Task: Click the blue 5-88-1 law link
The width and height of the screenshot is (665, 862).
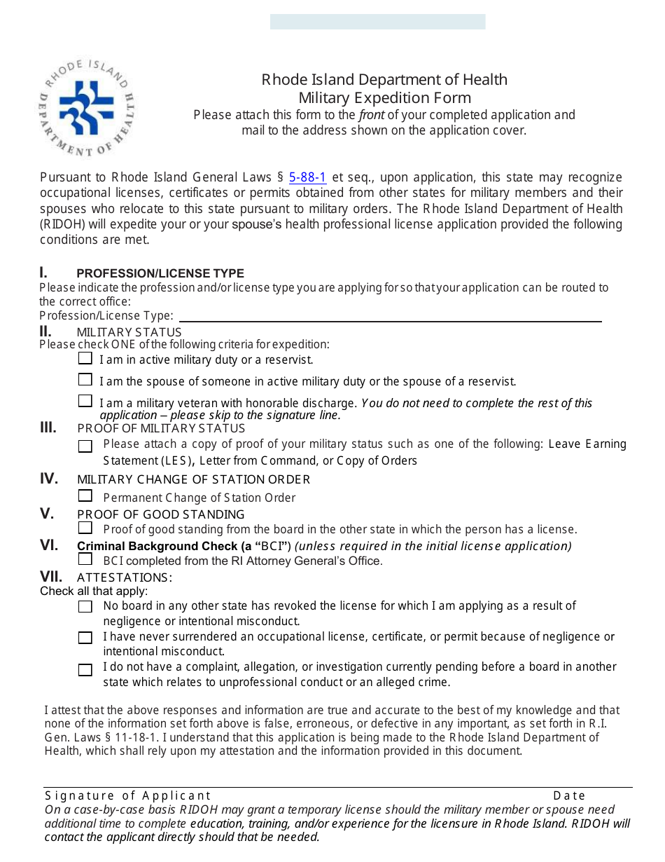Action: (x=307, y=177)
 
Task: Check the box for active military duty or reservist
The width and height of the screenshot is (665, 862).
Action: (x=85, y=359)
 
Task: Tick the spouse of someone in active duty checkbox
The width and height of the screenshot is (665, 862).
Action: (x=85, y=380)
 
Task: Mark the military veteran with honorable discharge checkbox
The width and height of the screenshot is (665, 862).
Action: (x=85, y=402)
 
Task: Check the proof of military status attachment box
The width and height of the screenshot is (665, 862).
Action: (x=85, y=446)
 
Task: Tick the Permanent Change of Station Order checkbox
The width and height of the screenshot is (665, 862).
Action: (x=85, y=496)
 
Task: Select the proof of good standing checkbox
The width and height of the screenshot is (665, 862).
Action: (x=85, y=528)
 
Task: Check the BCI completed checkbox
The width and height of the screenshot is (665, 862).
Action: (x=85, y=559)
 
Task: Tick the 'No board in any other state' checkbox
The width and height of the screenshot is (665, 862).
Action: (x=85, y=607)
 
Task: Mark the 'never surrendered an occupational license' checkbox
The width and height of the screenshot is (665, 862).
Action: (x=85, y=638)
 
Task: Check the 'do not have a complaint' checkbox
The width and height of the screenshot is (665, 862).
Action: (x=85, y=670)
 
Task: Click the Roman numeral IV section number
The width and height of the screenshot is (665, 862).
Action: (x=48, y=479)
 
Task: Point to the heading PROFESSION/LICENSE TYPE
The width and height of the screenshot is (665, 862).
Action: (x=160, y=273)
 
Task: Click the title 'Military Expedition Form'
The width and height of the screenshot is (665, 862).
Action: (x=384, y=98)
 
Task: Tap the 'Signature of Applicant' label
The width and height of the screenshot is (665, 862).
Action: (x=127, y=795)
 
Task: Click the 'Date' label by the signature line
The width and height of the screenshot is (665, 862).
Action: (x=569, y=795)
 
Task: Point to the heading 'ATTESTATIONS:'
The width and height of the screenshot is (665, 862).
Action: (x=124, y=577)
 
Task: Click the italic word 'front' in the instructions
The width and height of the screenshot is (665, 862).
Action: (x=371, y=115)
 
